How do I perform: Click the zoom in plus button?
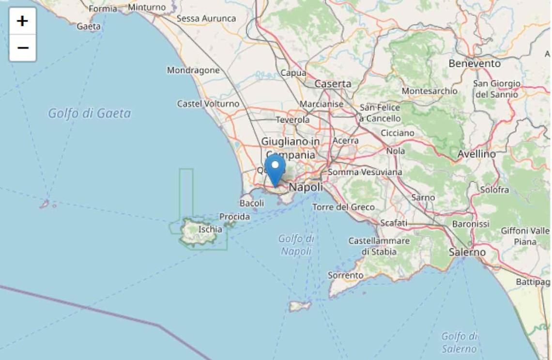pyautogui.click(x=22, y=21)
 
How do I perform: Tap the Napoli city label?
pyautogui.click(x=306, y=187)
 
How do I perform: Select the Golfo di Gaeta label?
pyautogui.click(x=89, y=113)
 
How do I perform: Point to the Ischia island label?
pyautogui.click(x=210, y=229)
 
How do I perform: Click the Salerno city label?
pyautogui.click(x=467, y=252)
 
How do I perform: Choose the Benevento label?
pyautogui.click(x=475, y=63)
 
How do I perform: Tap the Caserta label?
pyautogui.click(x=333, y=84)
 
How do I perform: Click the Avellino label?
pyautogui.click(x=476, y=154)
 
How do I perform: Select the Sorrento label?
pyautogui.click(x=345, y=275)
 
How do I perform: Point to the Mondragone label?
pyautogui.click(x=193, y=70)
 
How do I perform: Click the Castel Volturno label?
pyautogui.click(x=208, y=104)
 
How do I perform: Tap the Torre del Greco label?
pyautogui.click(x=343, y=207)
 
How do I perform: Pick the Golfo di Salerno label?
pyautogui.click(x=459, y=342)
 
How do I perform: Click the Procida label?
pyautogui.click(x=234, y=217)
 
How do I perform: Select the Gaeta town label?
pyautogui.click(x=89, y=27)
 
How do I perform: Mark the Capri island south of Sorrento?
pyautogui.click(x=300, y=306)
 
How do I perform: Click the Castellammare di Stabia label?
pyautogui.click(x=379, y=246)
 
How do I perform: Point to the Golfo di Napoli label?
pyautogui.click(x=296, y=245)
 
